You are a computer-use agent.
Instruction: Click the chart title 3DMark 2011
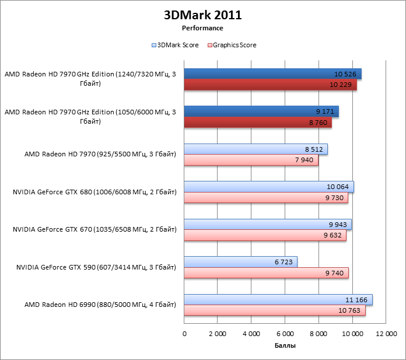tap(202, 16)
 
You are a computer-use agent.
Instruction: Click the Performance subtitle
tap(202, 27)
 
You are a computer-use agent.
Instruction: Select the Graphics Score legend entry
tap(234, 45)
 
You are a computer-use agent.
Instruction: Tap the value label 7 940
tap(304, 160)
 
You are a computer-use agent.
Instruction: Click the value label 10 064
tap(338, 187)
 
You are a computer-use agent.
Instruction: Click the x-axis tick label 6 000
tap(285, 334)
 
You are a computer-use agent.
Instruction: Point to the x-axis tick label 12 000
tap(386, 334)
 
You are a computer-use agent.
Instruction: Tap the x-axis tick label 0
tap(184, 334)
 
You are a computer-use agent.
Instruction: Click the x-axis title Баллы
tap(285, 346)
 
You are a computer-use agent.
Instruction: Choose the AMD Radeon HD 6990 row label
tap(100, 305)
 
